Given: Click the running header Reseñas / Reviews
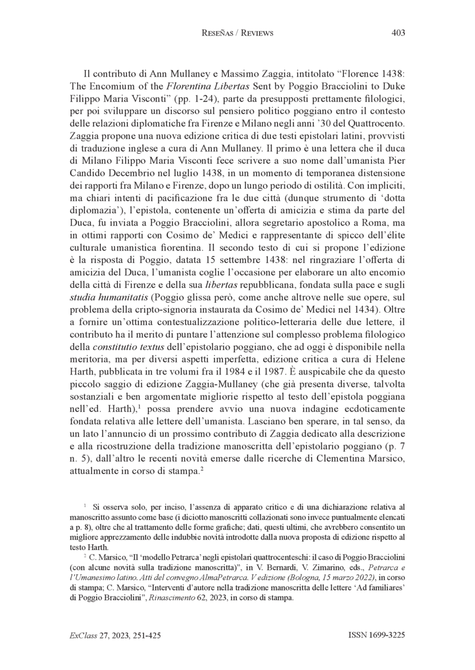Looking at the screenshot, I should pos(237,33).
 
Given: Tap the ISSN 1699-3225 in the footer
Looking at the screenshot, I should pos(376,635).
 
